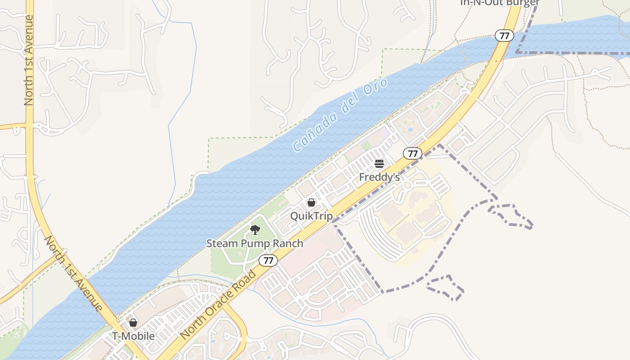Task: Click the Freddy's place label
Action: click(379, 177)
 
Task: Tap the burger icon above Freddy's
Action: click(379, 163)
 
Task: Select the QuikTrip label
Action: click(311, 216)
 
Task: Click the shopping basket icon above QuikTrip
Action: click(311, 202)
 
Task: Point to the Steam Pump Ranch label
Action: click(255, 243)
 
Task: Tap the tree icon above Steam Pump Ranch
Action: click(255, 230)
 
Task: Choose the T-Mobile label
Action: click(133, 336)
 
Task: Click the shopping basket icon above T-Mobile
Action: click(133, 323)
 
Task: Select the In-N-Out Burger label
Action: click(499, 3)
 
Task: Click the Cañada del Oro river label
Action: click(340, 115)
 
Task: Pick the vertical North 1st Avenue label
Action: click(29, 60)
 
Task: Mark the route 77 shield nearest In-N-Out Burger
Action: click(504, 36)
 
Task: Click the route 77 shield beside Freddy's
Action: click(412, 153)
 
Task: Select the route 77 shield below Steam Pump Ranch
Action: click(268, 260)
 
